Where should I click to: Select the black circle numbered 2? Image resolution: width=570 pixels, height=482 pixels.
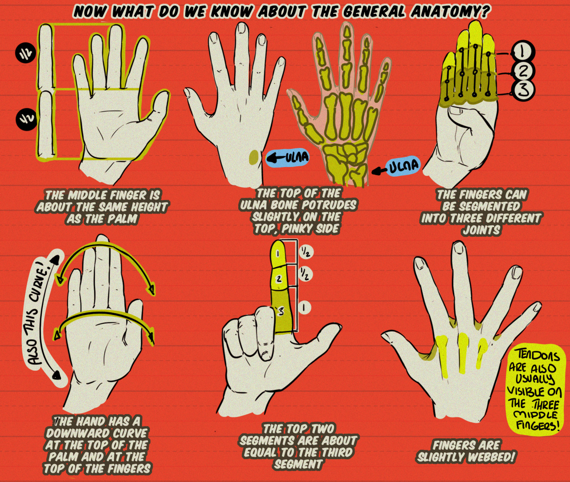[x=523, y=71]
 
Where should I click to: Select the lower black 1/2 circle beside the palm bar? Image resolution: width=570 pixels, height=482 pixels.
[x=27, y=119]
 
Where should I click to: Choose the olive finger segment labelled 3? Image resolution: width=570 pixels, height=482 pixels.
[x=281, y=310]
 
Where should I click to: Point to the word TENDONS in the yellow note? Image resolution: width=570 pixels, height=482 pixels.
[x=533, y=355]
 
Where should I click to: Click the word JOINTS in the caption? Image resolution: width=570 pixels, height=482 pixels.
[x=481, y=230]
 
